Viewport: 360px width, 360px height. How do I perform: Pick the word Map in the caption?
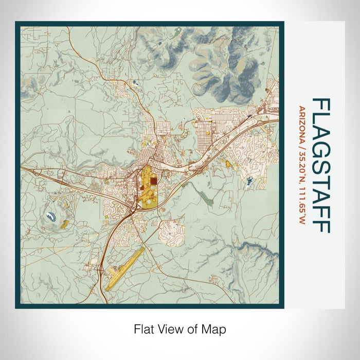pyautogui.click(x=215, y=329)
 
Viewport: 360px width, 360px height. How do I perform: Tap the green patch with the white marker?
pyautogui.click(x=177, y=32)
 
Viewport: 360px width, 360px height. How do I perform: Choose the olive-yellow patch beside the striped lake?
pyautogui.click(x=64, y=224)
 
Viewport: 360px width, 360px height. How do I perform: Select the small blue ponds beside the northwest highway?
pyautogui.click(x=134, y=82)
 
